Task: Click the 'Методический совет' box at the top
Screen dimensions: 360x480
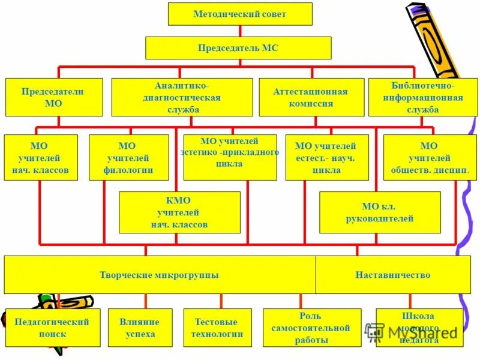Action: tap(240, 14)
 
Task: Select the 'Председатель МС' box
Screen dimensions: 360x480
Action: tap(238, 47)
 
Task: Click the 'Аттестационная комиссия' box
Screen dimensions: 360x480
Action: tap(311, 97)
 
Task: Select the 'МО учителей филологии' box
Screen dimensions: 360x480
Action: tap(128, 157)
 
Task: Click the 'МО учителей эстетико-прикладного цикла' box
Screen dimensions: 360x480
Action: tap(230, 157)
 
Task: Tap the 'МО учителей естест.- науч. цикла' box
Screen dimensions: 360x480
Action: tap(326, 157)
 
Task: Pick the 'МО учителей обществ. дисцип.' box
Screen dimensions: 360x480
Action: tap(430, 157)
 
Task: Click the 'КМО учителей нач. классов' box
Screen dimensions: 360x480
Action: tap(179, 212)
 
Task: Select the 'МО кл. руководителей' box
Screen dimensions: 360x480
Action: tap(380, 212)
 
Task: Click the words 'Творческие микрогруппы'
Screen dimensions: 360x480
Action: tap(158, 275)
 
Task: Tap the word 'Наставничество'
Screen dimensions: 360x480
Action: tap(392, 275)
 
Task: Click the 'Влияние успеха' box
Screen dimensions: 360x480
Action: tap(140, 328)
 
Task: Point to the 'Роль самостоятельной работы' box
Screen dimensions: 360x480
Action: tap(311, 328)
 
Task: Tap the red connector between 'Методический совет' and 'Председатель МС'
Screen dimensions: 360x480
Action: tap(240, 31)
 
